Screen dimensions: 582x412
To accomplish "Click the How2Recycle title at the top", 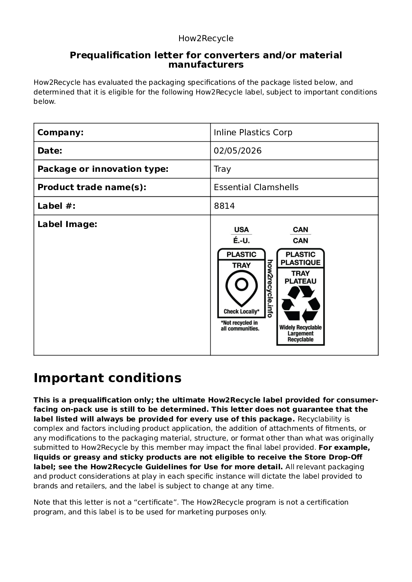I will coord(206,38).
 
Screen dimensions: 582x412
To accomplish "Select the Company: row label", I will coord(60,133).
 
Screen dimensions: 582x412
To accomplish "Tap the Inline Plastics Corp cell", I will coord(253,133).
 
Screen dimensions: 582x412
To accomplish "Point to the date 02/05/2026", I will coord(238,151).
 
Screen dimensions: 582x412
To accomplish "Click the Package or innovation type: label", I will coord(103,169).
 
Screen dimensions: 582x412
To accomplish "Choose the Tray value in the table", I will coord(222,169).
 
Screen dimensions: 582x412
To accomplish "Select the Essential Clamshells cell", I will coord(256,187).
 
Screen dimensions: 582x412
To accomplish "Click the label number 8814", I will coord(224,206).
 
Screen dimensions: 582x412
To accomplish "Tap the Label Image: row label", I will coord(67,224).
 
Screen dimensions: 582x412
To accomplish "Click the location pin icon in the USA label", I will coord(241,288).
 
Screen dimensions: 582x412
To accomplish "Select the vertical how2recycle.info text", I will coord(269,288).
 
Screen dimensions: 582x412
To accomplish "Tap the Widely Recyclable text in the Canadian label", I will coord(300,327).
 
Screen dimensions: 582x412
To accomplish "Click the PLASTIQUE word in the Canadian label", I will coord(300,262).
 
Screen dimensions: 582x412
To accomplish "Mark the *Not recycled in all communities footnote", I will coord(240,326).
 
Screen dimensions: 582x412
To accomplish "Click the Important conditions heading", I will coord(107,378).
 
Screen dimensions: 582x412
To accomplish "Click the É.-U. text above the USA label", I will coord(241,241).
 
